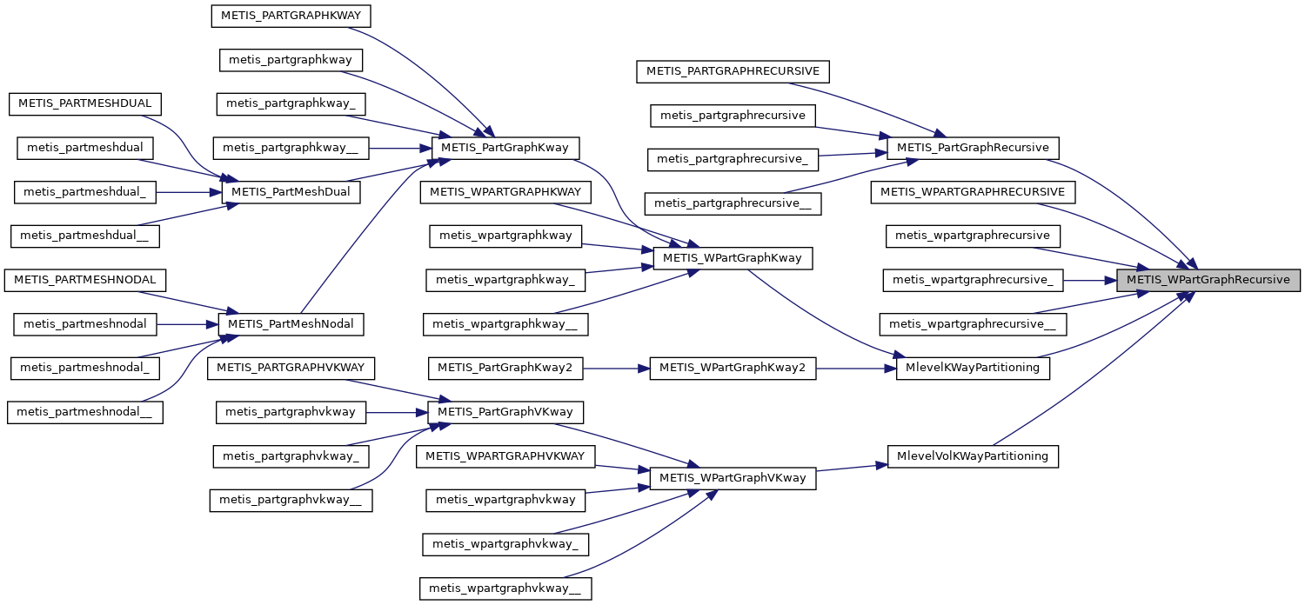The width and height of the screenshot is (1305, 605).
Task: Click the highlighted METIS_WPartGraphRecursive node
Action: [x=1208, y=280]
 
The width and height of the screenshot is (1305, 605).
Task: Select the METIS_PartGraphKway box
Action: [x=505, y=148]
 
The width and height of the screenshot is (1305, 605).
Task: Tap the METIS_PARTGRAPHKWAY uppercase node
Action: [x=291, y=15]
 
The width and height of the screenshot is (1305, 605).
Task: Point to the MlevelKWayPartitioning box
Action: [x=973, y=368]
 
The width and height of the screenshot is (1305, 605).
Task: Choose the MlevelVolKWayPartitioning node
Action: [x=973, y=456]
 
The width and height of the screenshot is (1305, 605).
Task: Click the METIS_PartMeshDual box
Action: [x=291, y=192]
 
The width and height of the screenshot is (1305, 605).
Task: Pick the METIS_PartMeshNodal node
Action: [x=291, y=324]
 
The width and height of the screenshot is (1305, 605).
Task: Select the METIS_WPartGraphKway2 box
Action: [x=733, y=368]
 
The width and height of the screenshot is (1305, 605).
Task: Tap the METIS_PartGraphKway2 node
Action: [x=505, y=368]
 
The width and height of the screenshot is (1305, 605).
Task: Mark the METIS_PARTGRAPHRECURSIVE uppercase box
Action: [x=733, y=71]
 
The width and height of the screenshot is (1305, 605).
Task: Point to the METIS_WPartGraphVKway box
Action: [x=733, y=478]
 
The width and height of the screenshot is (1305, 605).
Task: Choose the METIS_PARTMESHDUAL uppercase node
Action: [x=84, y=103]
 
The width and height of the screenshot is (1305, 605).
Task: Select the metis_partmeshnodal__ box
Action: [x=85, y=412]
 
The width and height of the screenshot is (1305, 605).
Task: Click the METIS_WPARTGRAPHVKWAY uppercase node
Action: [x=505, y=455]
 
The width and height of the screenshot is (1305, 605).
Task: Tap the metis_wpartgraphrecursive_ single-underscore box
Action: [x=973, y=280]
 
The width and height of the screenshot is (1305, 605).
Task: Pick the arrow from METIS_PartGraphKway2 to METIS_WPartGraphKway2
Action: [x=616, y=368]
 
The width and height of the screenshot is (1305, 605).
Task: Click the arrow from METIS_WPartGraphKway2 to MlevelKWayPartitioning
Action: [x=856, y=368]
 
